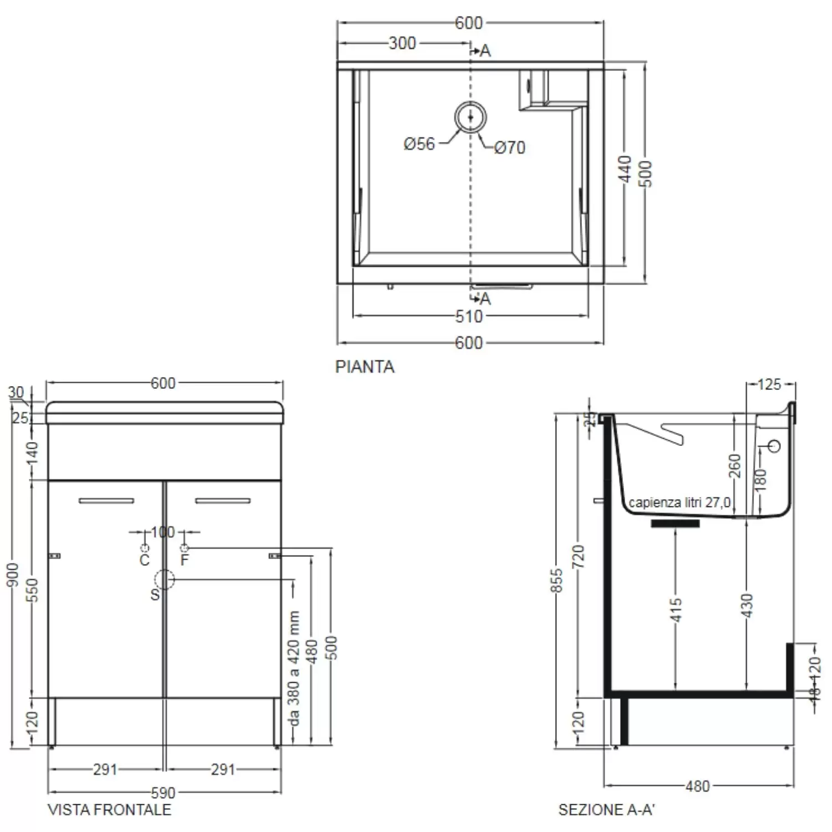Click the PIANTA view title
tap(364, 367)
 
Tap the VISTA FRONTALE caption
tap(109, 810)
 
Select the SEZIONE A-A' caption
tap(606, 810)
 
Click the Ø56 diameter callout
tap(419, 144)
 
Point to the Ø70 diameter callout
tap(509, 148)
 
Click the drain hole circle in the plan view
tap(470, 117)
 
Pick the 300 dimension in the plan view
tap(402, 43)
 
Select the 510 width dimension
tap(469, 316)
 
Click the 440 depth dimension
tap(625, 169)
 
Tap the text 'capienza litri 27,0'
tap(679, 503)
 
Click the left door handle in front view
tap(106, 501)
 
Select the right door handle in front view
tap(222, 501)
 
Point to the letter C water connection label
tap(144, 560)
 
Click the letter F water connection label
tap(185, 560)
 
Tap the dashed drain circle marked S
tap(164, 580)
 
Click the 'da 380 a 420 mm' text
tap(294, 668)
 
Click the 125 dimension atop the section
tap(769, 384)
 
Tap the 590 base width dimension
tap(163, 793)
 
